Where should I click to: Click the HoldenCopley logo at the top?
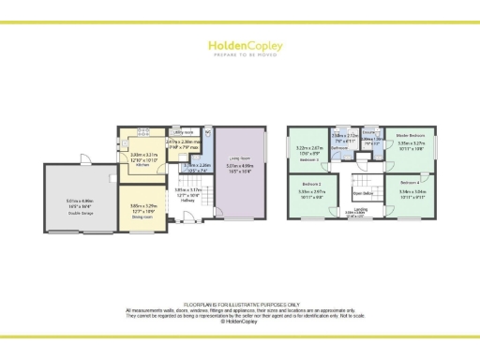click(239, 47)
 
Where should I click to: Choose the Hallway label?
click(187, 199)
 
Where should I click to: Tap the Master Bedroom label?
click(412, 136)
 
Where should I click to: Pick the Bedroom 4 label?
click(410, 182)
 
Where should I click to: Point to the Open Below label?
click(362, 195)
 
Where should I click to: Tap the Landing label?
click(361, 210)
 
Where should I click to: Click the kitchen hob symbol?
click(142, 131)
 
